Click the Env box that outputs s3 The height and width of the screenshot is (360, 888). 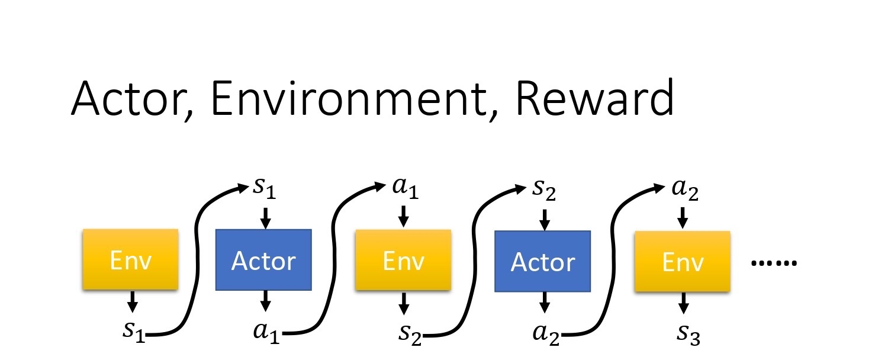682,261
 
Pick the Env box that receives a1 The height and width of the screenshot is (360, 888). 403,260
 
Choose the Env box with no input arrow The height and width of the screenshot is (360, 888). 130,260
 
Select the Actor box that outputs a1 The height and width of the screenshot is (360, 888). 263,260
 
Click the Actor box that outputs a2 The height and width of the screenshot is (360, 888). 542,261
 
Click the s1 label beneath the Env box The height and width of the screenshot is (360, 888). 134,331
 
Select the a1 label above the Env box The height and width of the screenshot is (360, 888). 406,189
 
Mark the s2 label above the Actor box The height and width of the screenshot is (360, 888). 544,189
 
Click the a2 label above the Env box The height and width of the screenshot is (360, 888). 686,190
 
